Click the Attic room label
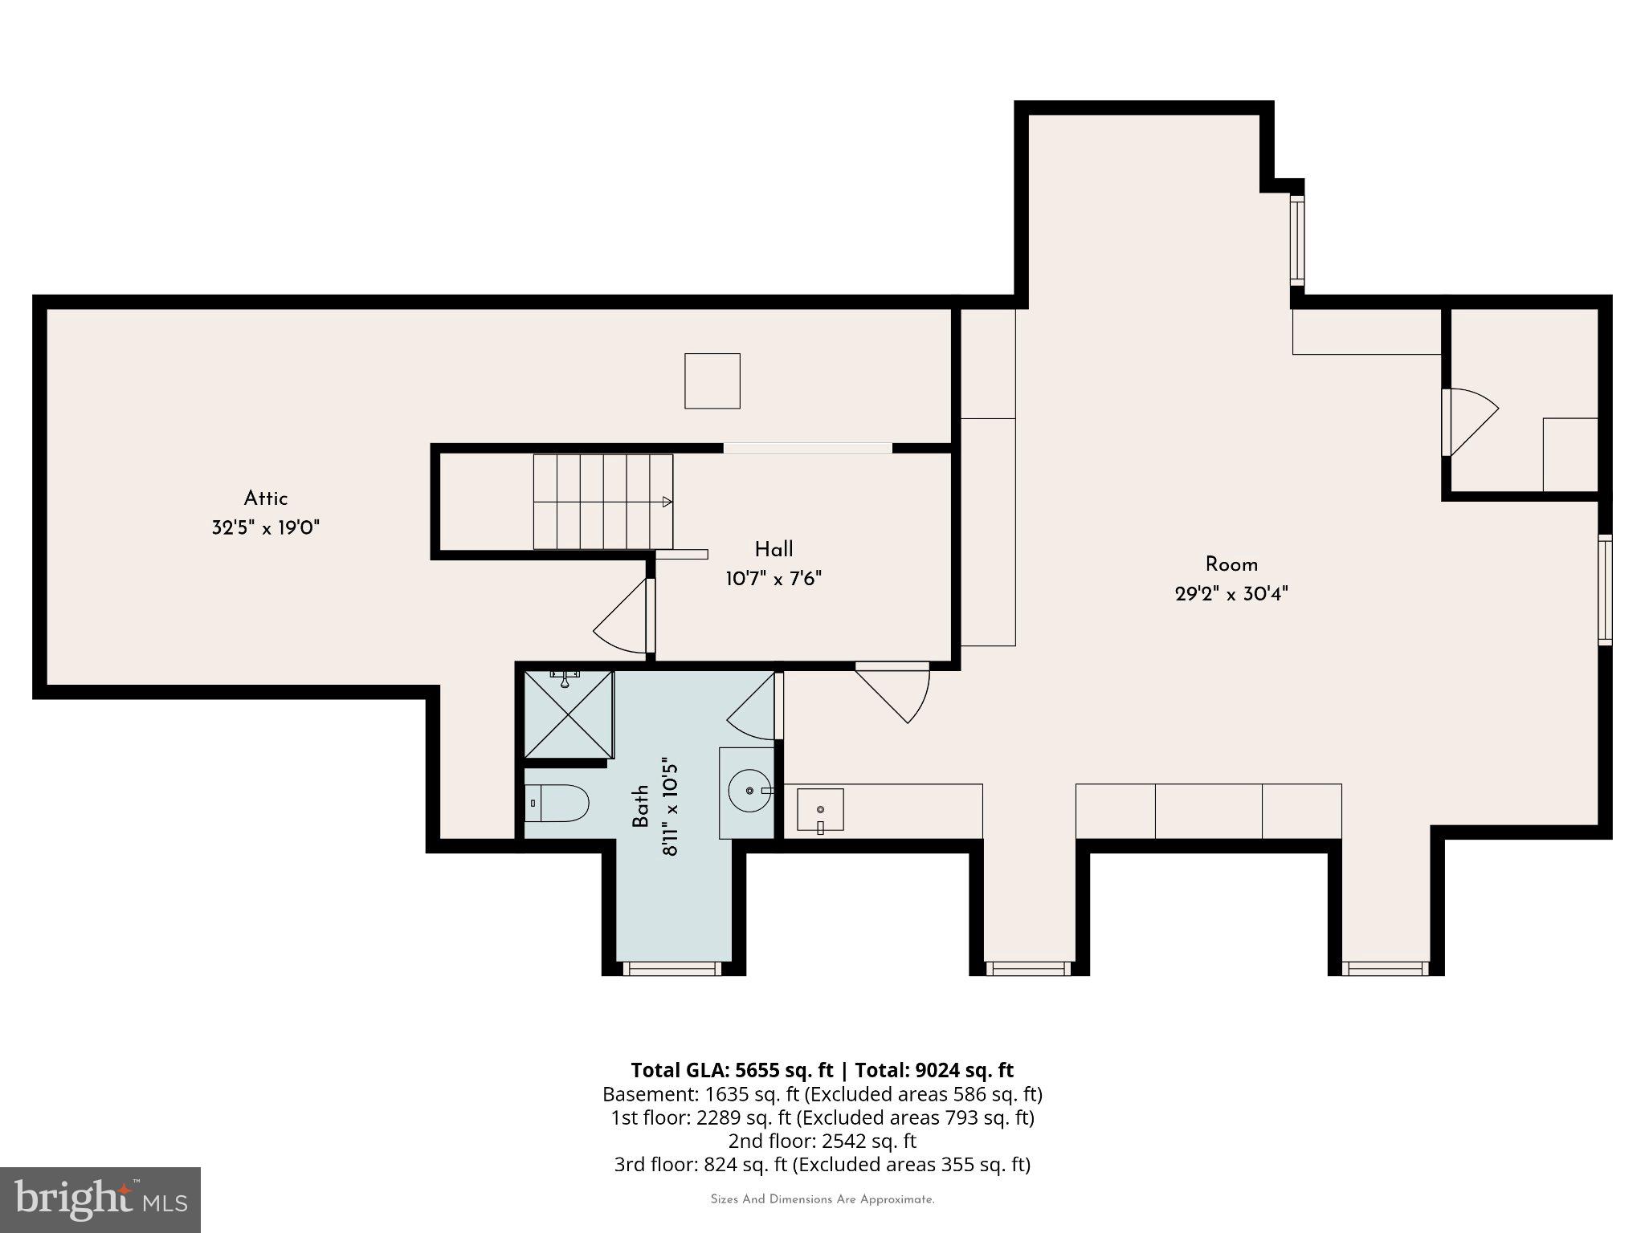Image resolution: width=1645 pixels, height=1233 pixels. [265, 498]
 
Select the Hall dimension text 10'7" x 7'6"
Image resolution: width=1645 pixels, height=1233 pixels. [774, 579]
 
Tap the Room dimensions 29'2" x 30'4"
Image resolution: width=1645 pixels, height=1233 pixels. [1231, 594]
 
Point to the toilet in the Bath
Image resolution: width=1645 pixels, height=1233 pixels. [557, 803]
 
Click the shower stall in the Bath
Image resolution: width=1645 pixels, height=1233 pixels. [569, 714]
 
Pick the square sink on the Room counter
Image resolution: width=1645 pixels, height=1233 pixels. [820, 809]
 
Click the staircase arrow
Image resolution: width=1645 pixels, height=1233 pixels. [666, 502]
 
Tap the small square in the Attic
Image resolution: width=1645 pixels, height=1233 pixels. [712, 381]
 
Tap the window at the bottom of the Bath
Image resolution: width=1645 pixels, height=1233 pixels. [672, 969]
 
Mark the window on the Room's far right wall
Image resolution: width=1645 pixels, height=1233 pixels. [1604, 589]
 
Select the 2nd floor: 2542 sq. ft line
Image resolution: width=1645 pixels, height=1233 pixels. [822, 1141]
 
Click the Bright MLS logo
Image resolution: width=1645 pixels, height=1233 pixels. [100, 1199]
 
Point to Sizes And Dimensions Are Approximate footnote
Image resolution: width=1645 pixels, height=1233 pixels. [822, 1199]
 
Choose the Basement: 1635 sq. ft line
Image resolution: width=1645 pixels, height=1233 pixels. [822, 1094]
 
